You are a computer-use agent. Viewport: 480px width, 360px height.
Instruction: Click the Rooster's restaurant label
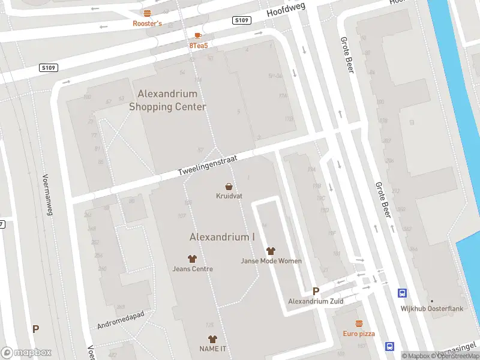click(148, 24)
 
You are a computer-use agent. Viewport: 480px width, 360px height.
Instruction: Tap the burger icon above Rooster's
click(148, 13)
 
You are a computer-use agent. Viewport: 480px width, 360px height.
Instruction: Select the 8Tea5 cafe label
click(198, 46)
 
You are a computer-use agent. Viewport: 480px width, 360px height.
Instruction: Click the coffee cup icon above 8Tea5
click(198, 35)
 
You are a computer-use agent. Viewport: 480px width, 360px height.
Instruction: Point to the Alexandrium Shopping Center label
click(168, 100)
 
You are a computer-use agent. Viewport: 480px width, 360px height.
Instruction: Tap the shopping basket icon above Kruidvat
click(229, 186)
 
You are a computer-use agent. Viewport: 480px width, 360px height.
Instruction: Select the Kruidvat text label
click(229, 196)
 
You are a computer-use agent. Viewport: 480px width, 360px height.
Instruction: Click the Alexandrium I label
click(222, 237)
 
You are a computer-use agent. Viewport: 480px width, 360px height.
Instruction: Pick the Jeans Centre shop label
click(193, 269)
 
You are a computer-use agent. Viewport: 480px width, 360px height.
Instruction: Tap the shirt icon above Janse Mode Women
click(271, 251)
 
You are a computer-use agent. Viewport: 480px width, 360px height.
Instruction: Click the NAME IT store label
click(212, 349)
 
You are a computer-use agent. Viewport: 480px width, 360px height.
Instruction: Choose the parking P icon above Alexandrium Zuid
click(316, 291)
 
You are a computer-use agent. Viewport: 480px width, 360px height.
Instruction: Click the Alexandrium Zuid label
click(316, 301)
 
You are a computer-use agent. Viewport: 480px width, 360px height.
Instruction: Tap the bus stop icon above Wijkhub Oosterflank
click(402, 293)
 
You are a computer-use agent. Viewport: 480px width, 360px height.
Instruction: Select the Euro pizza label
click(359, 334)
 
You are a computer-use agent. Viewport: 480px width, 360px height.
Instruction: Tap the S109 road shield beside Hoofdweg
click(241, 20)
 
